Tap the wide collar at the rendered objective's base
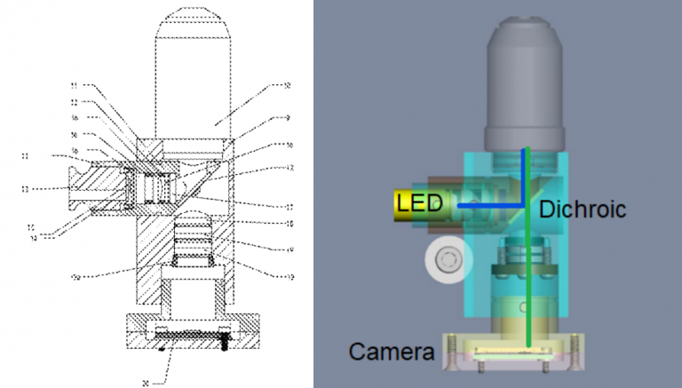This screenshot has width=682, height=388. pyautogui.click(x=527, y=136)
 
